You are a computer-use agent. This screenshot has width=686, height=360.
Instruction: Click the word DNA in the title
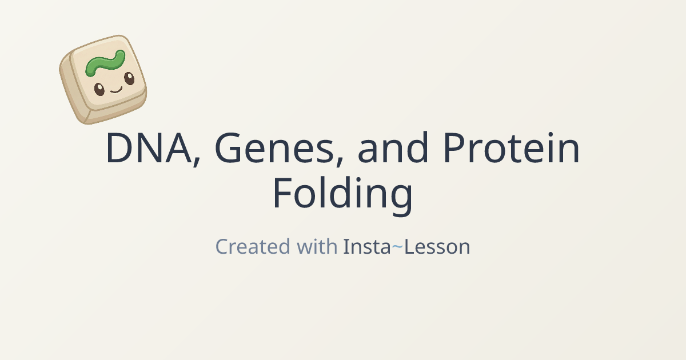pyautogui.click(x=149, y=149)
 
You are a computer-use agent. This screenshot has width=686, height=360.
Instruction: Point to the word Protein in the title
pyautogui.click(x=511, y=149)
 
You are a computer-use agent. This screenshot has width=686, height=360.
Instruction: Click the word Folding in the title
pyautogui.click(x=342, y=194)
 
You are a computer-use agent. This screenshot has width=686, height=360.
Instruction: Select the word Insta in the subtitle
pyautogui.click(x=366, y=247)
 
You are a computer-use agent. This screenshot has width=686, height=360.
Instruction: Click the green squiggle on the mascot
pyautogui.click(x=105, y=62)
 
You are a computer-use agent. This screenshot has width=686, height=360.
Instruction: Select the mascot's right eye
pyautogui.click(x=129, y=79)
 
